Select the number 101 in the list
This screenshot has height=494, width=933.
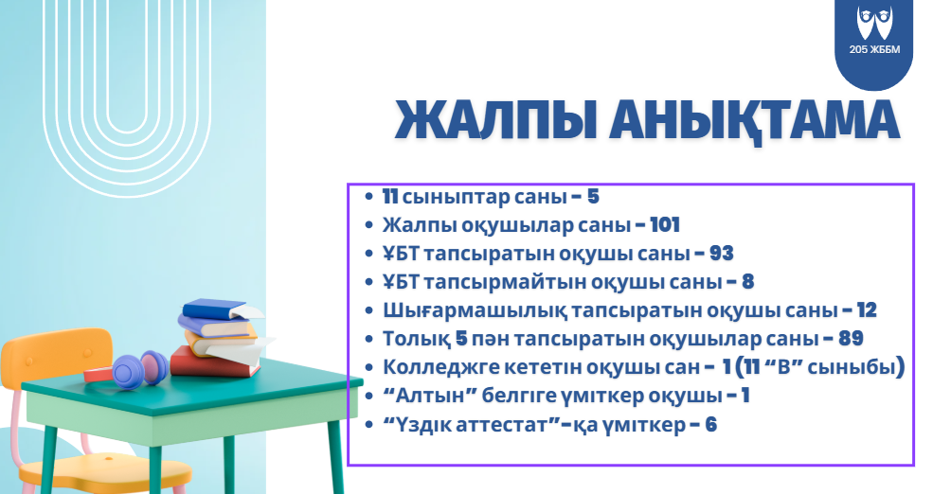(664, 225)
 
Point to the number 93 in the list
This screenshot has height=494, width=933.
(721, 254)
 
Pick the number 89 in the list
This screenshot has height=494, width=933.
(850, 339)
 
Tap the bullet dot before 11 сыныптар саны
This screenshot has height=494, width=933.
(369, 198)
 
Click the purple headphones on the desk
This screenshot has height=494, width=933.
(138, 366)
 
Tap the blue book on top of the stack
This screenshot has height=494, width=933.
(216, 309)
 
